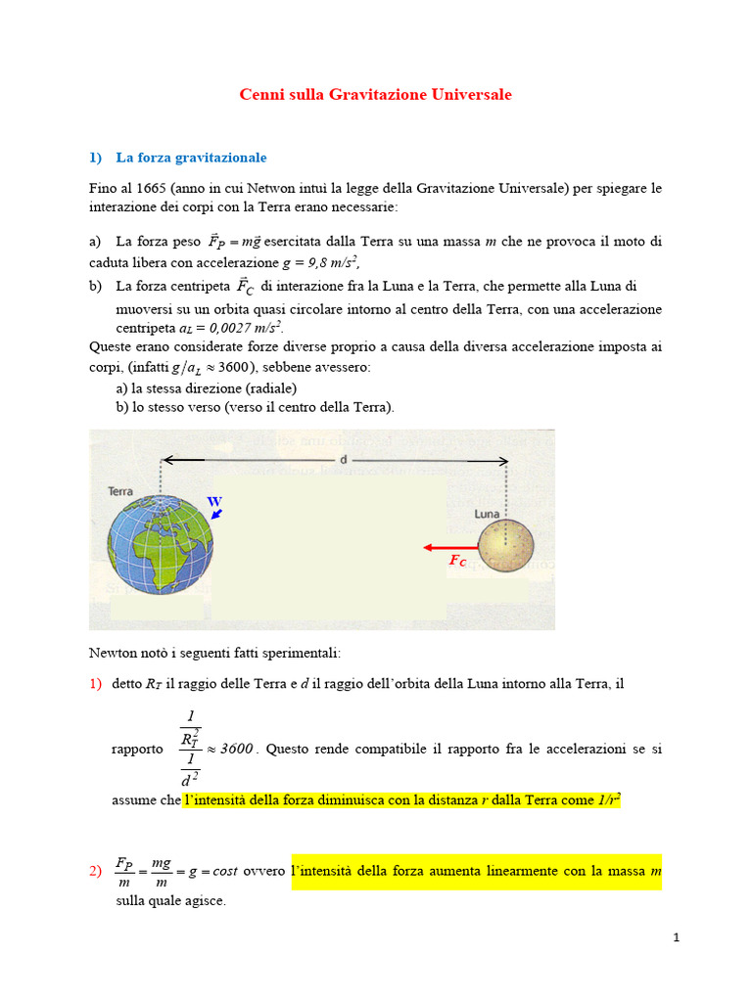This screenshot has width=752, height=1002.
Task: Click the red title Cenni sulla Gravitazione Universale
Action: (376, 95)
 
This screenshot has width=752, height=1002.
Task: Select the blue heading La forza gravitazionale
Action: (191, 157)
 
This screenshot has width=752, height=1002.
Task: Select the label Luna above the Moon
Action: (488, 513)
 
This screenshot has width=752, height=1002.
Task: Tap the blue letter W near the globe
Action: (214, 502)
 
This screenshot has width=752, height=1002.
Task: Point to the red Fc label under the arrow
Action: (457, 562)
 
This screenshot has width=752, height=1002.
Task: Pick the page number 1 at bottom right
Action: (676, 937)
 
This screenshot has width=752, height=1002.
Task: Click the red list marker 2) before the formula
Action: (96, 871)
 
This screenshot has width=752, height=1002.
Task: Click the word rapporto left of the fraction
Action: (137, 749)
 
